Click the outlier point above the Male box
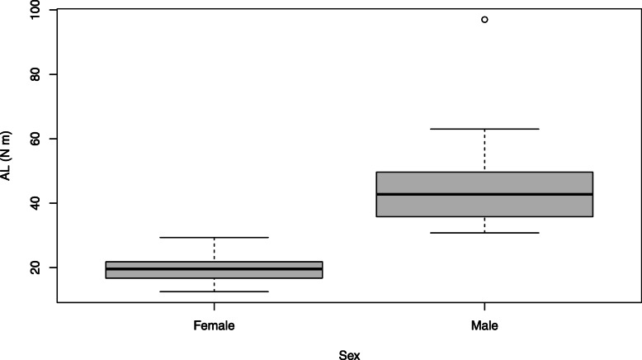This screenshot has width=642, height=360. click(x=484, y=19)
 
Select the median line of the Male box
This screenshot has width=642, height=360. click(x=484, y=194)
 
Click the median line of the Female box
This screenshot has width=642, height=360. click(x=215, y=268)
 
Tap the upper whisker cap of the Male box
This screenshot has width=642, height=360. click(x=484, y=129)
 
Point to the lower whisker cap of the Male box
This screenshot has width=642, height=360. click(x=484, y=233)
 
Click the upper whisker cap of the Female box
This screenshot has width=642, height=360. click(x=215, y=237)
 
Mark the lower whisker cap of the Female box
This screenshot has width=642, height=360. click(x=215, y=291)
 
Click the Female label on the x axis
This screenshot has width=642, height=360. click(x=215, y=326)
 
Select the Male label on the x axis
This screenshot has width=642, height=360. click(x=484, y=326)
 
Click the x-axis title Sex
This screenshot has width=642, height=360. click(x=349, y=353)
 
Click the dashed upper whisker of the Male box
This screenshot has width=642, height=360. click(x=484, y=150)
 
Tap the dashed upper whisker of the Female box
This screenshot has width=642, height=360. click(x=215, y=249)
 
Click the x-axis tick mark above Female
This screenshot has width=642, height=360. click(x=215, y=306)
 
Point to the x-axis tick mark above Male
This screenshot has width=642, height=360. click(x=484, y=306)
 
